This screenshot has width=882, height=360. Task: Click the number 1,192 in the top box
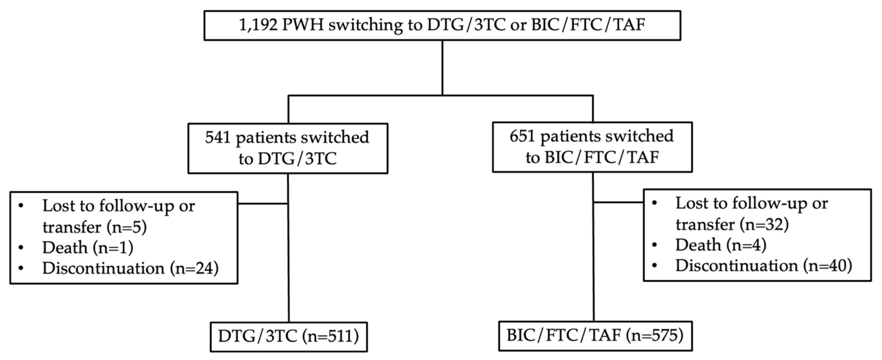(258, 25)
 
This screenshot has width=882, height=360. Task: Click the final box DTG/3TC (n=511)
(289, 336)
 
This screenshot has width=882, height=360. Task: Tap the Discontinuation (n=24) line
(130, 268)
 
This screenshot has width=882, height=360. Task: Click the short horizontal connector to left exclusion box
(263, 204)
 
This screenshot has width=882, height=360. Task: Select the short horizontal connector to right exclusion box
(618, 202)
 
